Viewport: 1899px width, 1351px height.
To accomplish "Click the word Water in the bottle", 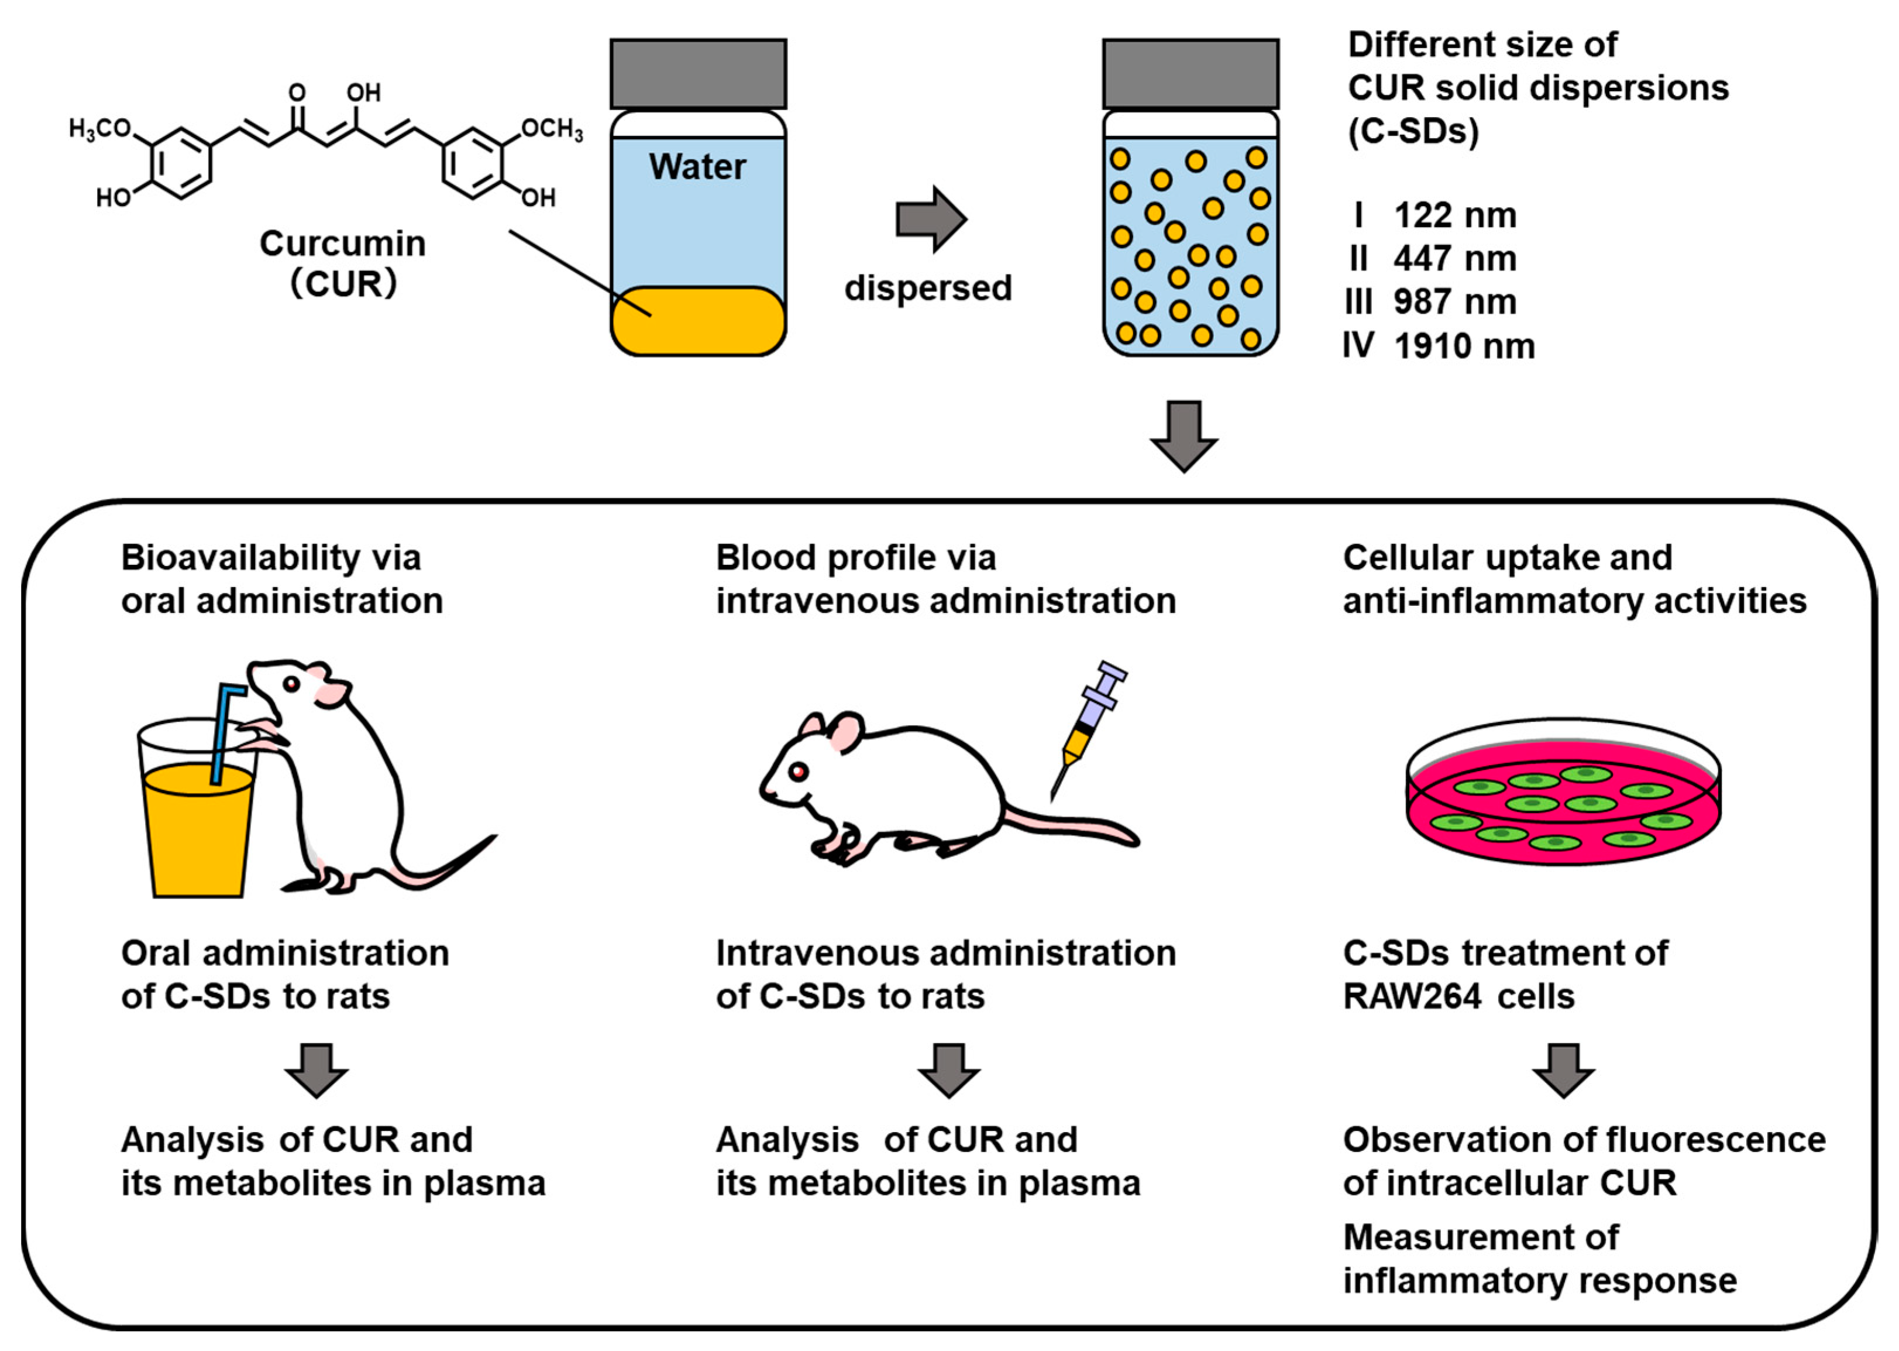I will point(697,167).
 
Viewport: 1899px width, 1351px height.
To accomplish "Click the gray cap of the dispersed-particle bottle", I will point(1190,74).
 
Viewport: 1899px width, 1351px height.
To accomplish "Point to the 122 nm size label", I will point(1454,215).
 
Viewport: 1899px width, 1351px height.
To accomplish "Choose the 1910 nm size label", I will point(1463,346).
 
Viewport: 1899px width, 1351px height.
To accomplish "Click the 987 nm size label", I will point(1454,302).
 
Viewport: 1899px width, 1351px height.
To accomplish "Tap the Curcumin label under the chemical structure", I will point(343,244).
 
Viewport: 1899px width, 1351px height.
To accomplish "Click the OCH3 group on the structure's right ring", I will point(552,129).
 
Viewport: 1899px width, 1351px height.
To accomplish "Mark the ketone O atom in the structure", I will point(297,92).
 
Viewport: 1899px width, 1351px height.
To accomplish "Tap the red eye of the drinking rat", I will point(291,684).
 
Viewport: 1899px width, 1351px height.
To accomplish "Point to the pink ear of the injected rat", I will point(847,732).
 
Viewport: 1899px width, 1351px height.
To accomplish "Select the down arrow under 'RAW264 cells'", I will point(1563,1070).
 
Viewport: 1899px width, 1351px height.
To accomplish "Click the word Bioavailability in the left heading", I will point(240,557).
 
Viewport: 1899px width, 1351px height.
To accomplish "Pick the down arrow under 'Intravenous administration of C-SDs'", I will point(949,1070).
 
